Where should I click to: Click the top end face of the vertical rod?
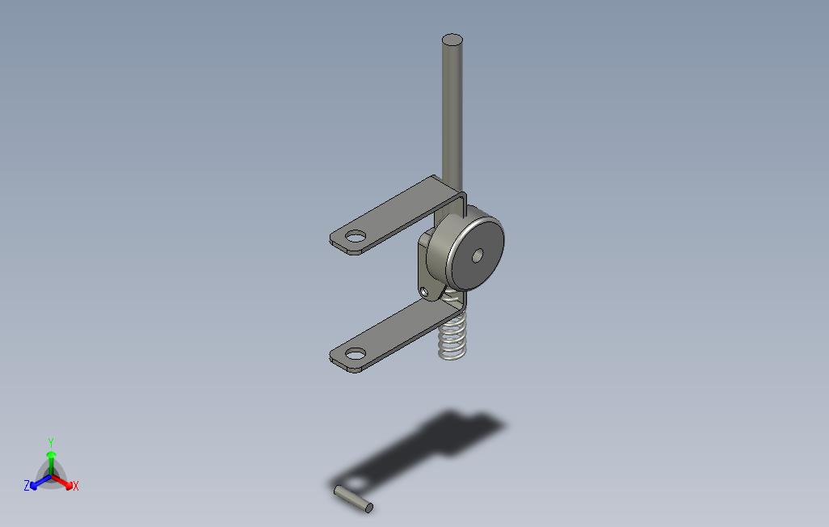452,40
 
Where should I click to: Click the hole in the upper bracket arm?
356,236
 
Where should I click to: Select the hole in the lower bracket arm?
356,353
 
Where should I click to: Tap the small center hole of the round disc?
477,256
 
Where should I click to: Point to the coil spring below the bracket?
452,333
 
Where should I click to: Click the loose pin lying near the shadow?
353,500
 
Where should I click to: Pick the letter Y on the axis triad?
51,442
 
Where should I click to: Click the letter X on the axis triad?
76,486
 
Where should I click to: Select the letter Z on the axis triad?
27,485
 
